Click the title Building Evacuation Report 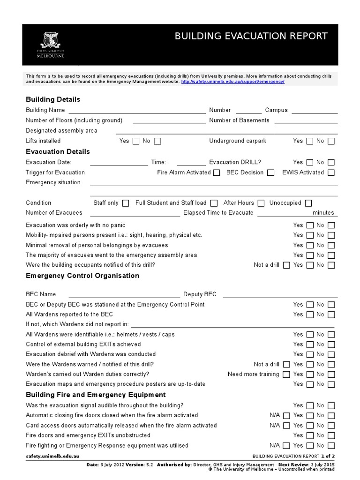point(251,37)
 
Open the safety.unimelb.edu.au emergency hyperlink point(232,82)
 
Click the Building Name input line point(137,111)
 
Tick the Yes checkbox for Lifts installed point(136,141)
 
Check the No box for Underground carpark point(331,141)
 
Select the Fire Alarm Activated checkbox point(216,173)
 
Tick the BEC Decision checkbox point(270,173)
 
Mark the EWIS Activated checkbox point(331,173)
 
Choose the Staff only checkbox point(125,203)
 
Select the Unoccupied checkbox point(308,203)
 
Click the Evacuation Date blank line point(119,163)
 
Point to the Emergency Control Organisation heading point(82,276)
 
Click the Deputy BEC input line point(280,295)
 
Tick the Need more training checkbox point(286,375)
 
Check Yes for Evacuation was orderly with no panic point(310,225)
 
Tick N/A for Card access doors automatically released point(286,426)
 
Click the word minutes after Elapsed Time point(323,213)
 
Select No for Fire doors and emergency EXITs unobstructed point(331,436)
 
